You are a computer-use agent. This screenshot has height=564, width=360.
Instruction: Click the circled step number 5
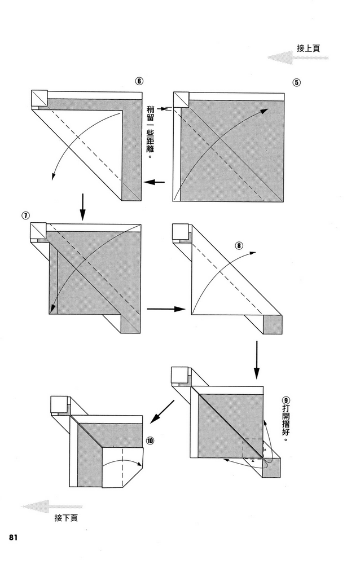[x=296, y=82]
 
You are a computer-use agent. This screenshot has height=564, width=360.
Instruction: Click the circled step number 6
[x=139, y=81]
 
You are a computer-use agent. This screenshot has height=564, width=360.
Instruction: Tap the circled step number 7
[x=26, y=215]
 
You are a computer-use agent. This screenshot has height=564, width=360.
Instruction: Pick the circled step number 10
[x=150, y=440]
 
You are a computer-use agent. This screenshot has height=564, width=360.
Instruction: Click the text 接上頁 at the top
[x=309, y=49]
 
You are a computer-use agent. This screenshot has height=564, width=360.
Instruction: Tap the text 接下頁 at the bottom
[x=66, y=518]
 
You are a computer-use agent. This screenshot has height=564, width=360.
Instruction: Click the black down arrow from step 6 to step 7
[x=82, y=206]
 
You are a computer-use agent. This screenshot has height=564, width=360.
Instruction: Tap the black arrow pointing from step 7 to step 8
[x=166, y=309]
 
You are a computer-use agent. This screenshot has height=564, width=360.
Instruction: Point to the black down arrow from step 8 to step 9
[x=256, y=359]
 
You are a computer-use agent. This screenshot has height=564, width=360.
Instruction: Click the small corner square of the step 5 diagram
[x=181, y=99]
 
